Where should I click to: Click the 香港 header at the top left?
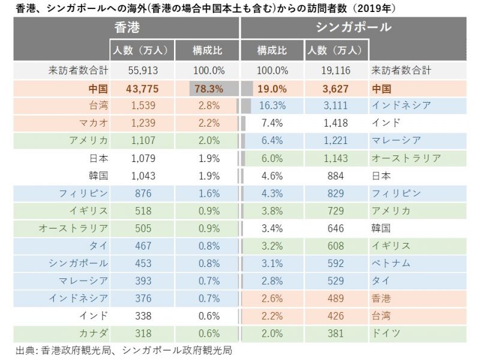pos(128,28)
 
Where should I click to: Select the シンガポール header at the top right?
pos(352,28)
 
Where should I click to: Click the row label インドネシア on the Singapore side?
pos(401,106)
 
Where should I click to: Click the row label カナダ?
pos(93,333)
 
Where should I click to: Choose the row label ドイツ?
pos(387,333)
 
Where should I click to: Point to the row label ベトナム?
pos(391,263)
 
